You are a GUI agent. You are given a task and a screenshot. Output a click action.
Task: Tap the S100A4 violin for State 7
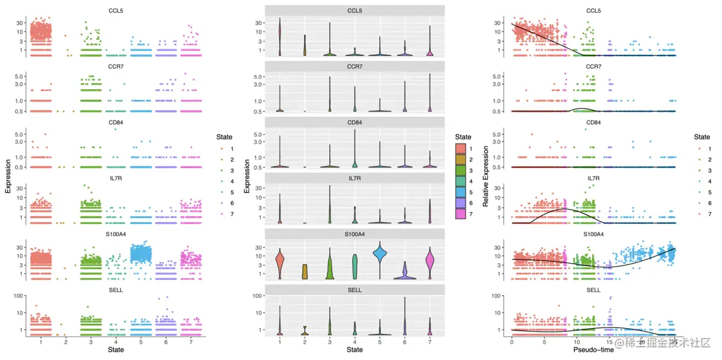click(x=429, y=261)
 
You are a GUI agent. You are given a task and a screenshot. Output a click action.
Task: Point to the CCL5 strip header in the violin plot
click(x=354, y=11)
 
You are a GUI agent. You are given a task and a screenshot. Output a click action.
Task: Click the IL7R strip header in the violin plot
click(x=354, y=178)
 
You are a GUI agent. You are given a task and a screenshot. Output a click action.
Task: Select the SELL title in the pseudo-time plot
click(x=593, y=290)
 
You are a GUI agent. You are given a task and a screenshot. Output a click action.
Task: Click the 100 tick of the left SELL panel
click(x=18, y=295)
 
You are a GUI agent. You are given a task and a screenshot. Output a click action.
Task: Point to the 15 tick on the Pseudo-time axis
click(x=609, y=341)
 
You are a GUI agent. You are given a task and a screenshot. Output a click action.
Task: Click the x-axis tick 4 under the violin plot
click(x=354, y=341)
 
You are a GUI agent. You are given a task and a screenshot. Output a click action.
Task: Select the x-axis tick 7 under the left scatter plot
click(x=191, y=341)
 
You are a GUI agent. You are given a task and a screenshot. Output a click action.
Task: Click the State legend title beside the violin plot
click(x=463, y=137)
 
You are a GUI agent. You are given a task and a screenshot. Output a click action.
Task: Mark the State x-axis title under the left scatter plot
click(x=116, y=350)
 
